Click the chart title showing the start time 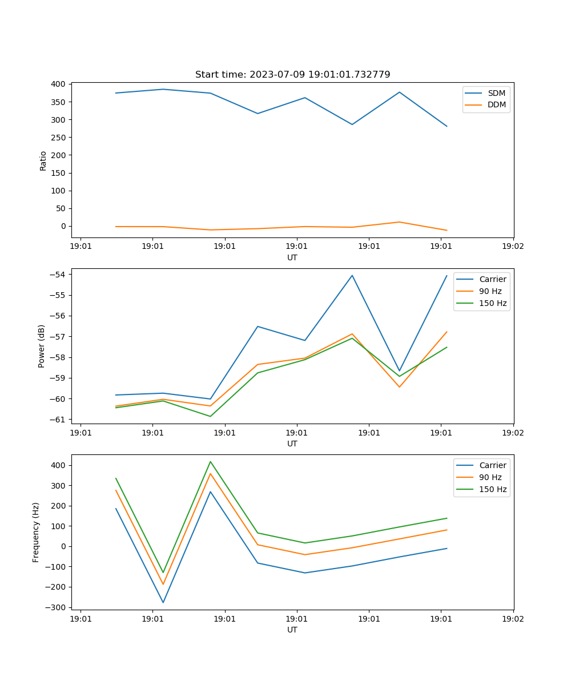pyautogui.click(x=292, y=75)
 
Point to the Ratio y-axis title pyautogui.click(x=43, y=160)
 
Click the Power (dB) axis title pyautogui.click(x=42, y=346)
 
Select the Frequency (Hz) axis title pyautogui.click(x=36, y=532)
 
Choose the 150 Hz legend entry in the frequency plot pyautogui.click(x=493, y=489)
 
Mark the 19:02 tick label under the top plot pyautogui.click(x=513, y=247)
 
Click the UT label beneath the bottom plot pyautogui.click(x=292, y=630)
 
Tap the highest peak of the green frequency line pyautogui.click(x=210, y=462)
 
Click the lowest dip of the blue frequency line pyautogui.click(x=163, y=602)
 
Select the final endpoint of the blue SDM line pyautogui.click(x=447, y=126)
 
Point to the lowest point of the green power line pyautogui.click(x=210, y=416)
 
